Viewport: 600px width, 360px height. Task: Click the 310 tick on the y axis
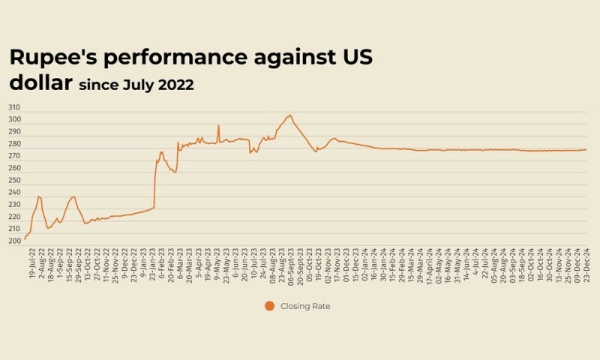tap(15, 108)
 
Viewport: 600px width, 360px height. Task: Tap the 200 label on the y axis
tap(15, 241)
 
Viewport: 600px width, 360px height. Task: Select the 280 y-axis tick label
tap(15, 144)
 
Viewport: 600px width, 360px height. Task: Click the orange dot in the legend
tap(269, 305)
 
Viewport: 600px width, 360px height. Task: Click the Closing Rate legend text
tap(304, 306)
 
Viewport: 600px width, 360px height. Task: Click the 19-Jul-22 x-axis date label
tap(31, 264)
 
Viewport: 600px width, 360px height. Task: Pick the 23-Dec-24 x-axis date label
tap(585, 264)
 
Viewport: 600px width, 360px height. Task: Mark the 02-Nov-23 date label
tap(328, 264)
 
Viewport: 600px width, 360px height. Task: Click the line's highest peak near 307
tap(290, 115)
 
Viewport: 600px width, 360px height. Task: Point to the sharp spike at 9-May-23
tap(218, 125)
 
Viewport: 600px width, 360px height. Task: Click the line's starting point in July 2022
tap(25, 238)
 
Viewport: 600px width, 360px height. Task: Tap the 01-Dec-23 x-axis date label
tap(346, 264)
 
